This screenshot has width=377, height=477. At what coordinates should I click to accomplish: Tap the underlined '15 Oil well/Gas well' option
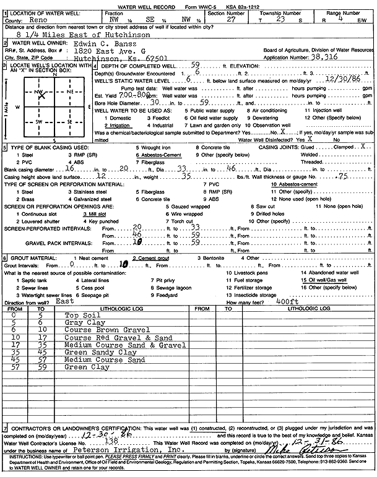tap(323, 280)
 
